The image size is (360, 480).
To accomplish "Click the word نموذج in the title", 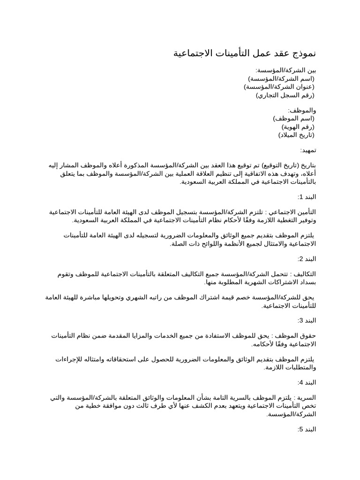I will pyautogui.click(x=303, y=53).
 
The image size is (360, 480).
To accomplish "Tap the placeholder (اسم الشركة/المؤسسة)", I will pyautogui.click(x=281, y=78).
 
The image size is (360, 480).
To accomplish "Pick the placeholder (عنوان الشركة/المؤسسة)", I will pyautogui.click(x=279, y=87).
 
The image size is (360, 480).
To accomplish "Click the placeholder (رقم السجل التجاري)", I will pyautogui.click(x=285, y=95).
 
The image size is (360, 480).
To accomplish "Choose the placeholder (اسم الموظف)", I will pyautogui.click(x=294, y=119).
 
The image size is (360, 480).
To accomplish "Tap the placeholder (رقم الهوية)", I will pyautogui.click(x=298, y=127).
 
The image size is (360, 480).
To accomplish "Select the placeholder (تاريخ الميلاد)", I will pyautogui.click(x=296, y=135).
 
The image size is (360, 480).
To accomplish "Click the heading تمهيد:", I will pyautogui.click(x=308, y=150).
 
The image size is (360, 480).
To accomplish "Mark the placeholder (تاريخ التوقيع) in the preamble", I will pyautogui.click(x=283, y=165).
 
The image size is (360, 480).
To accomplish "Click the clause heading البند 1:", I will pyautogui.click(x=307, y=197).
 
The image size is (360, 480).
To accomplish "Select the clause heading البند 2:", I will pyautogui.click(x=307, y=259).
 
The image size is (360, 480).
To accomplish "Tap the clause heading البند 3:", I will pyautogui.click(x=307, y=320).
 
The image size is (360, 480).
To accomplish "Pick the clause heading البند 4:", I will pyautogui.click(x=307, y=382).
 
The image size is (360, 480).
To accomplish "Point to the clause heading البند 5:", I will pyautogui.click(x=307, y=429).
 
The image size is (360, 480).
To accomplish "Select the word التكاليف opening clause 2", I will pyautogui.click(x=304, y=274).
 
